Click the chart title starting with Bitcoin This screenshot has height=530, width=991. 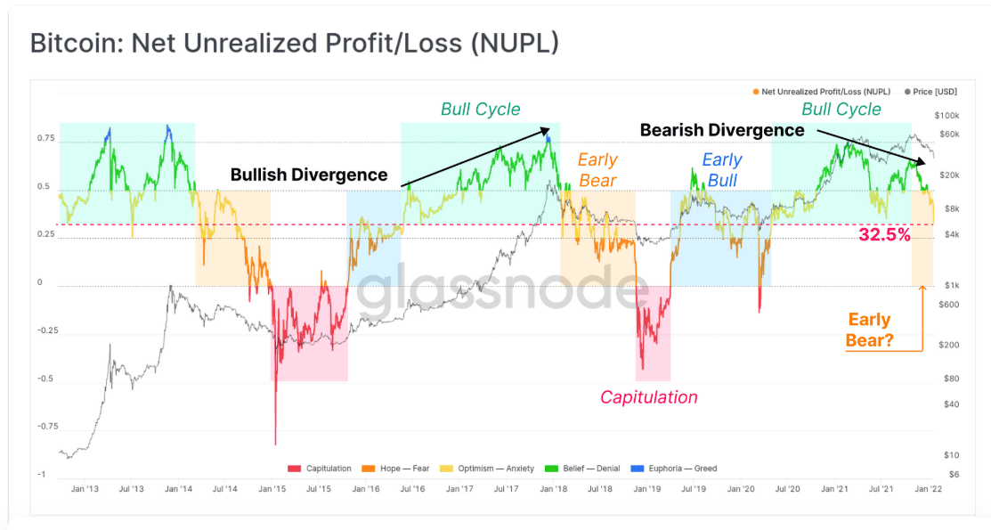(295, 43)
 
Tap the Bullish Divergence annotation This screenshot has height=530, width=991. (309, 175)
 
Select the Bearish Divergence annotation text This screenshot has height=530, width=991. (722, 130)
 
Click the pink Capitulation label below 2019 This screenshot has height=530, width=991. (648, 397)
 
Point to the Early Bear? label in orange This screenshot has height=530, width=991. (869, 329)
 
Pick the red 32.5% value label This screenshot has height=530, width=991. (884, 235)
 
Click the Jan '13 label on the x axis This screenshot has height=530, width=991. (85, 489)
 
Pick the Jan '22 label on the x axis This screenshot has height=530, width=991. (929, 489)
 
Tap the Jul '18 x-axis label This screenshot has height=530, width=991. (600, 489)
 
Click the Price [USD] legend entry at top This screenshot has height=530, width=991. (931, 92)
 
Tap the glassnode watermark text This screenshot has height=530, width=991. (504, 290)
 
